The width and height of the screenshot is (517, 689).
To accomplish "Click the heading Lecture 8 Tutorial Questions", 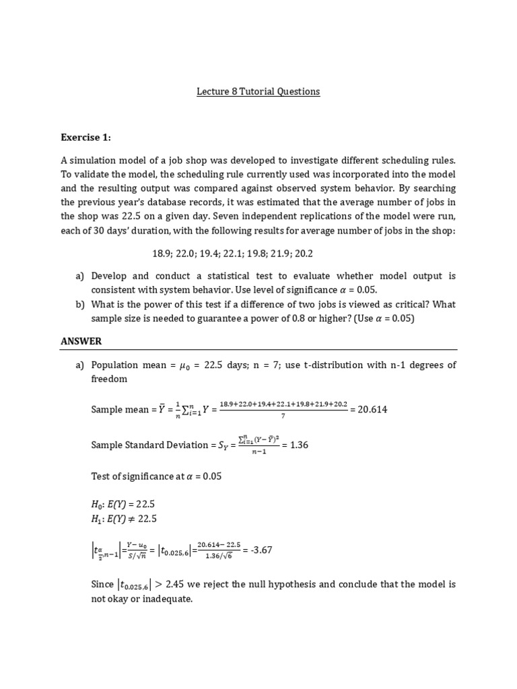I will pos(258,91).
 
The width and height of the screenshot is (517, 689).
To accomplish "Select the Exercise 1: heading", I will pos(85,138).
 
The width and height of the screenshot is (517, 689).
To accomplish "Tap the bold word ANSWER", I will pos(81,341).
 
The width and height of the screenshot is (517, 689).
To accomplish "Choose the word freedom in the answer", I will pos(108,379).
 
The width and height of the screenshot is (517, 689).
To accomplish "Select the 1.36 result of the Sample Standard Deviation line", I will pos(299,445).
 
